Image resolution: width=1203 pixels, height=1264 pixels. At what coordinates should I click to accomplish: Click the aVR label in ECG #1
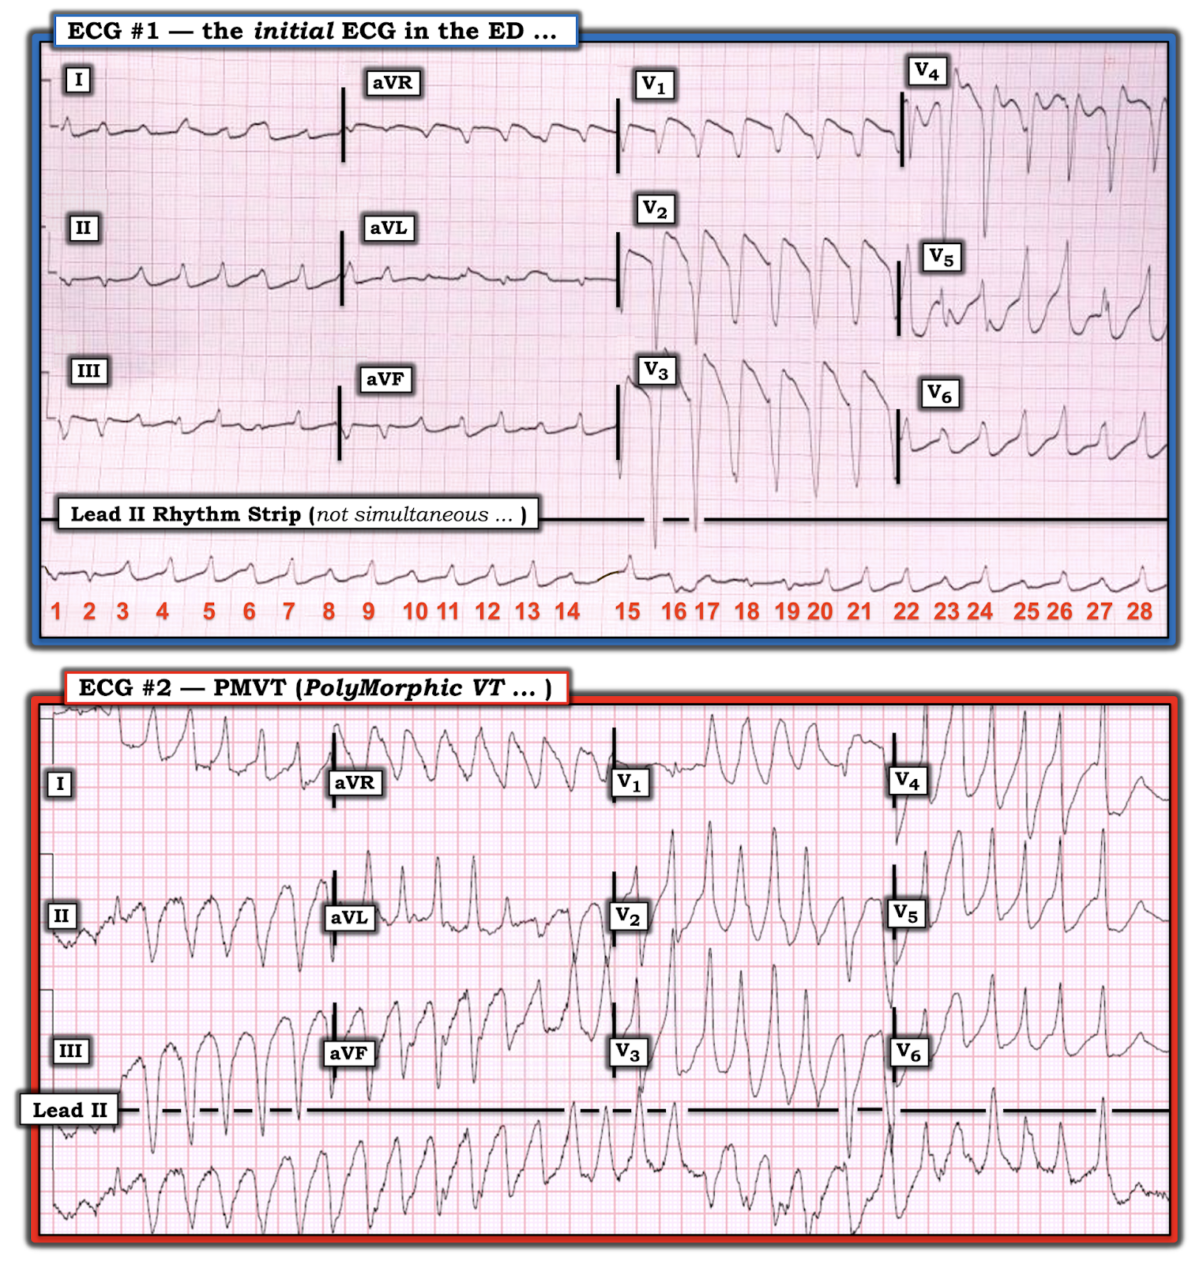[x=393, y=83]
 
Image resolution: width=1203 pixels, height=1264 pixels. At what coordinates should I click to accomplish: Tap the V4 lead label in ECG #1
[x=927, y=72]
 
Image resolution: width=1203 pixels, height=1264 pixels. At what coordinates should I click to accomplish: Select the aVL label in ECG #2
[x=349, y=918]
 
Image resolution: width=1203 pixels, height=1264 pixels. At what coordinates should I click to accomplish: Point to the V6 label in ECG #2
[x=908, y=1052]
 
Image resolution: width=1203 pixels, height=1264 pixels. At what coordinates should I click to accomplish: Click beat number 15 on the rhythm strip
[x=627, y=611]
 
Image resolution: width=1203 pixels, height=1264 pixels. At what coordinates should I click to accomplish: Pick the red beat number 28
[x=1139, y=611]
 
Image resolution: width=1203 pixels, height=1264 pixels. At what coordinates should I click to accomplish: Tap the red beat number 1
[x=56, y=611]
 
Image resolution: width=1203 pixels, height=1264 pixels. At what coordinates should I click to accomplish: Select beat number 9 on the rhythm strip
[x=368, y=611]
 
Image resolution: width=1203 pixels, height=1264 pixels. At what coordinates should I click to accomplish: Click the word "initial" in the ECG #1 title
[x=294, y=32]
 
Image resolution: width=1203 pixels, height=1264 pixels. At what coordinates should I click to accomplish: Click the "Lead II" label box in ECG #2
[x=70, y=1110]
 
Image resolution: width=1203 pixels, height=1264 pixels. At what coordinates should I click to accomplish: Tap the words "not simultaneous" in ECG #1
[x=403, y=515]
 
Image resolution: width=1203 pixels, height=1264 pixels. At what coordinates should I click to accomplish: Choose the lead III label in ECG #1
[x=88, y=371]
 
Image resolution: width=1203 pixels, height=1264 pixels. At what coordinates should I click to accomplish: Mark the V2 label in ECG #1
[x=655, y=209]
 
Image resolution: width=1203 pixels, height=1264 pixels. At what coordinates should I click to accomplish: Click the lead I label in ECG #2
[x=60, y=784]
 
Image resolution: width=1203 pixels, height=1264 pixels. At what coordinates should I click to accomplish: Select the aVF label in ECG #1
[x=385, y=380]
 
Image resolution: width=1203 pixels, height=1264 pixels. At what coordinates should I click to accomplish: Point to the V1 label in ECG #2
[x=630, y=783]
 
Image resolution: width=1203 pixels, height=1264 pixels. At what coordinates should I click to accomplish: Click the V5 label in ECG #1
[x=941, y=257]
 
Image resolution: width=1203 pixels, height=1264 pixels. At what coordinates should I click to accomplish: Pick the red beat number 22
[x=906, y=611]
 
